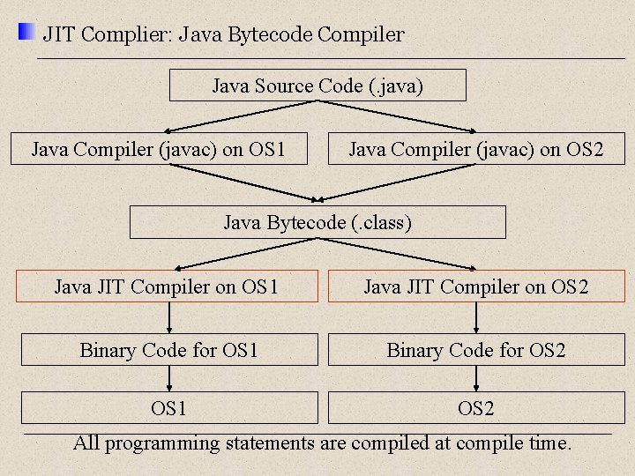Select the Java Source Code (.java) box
pos(317,86)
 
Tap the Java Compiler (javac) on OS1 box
pos(159,149)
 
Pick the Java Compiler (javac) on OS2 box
pos(476,149)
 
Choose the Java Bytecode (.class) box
pos(317,222)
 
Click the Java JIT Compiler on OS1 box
pos(167,286)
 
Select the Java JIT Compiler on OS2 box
pos(476,286)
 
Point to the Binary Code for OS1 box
pos(169,350)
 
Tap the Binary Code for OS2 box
pos(476,350)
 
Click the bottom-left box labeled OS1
pos(169,408)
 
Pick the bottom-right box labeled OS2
pos(476,408)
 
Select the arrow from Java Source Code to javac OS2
pos(397,116)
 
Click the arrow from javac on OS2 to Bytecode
pos(397,182)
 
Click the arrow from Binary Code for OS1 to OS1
pos(169,379)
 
